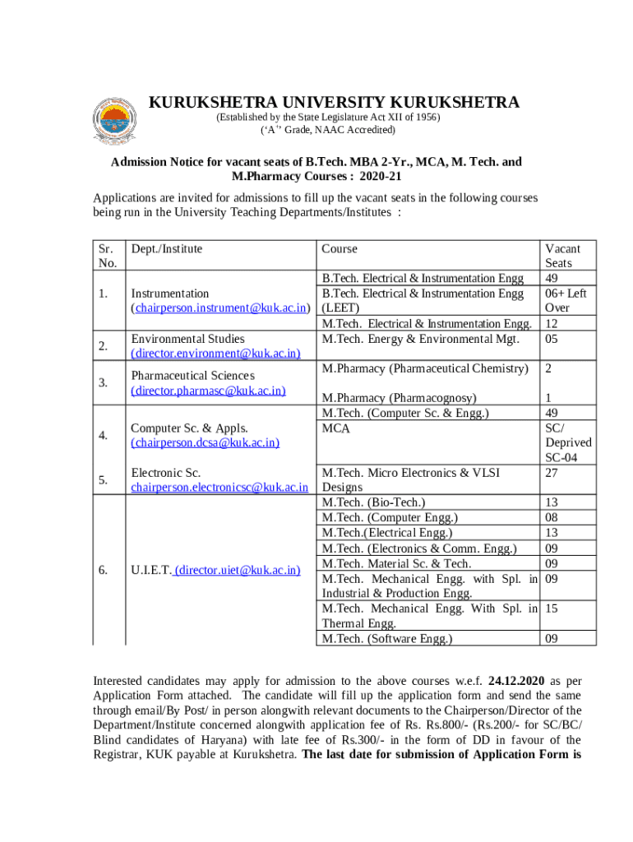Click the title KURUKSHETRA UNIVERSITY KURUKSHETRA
coord(334,103)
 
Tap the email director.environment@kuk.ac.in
coord(215,354)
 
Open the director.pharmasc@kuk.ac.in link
coord(208,391)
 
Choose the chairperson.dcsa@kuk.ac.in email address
coord(205,443)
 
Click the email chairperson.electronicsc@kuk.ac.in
coord(219,488)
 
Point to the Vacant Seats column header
coord(562,256)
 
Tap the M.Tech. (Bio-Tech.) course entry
coord(374,502)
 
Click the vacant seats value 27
coord(552,473)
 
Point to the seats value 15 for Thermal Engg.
coord(552,608)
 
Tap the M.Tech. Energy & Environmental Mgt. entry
coord(420,339)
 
